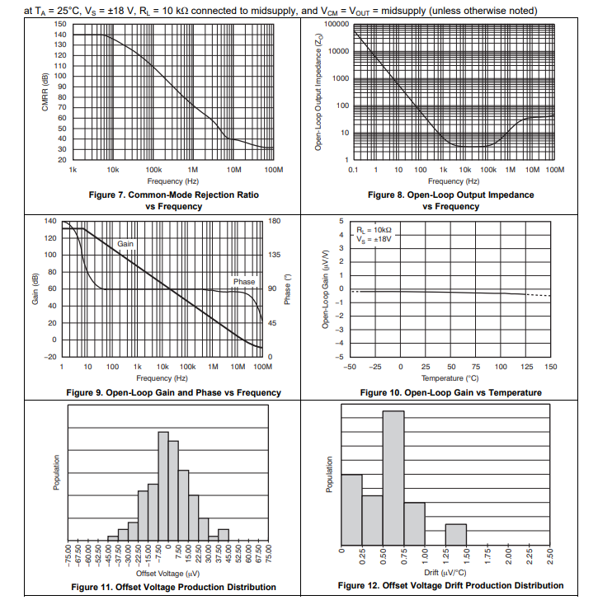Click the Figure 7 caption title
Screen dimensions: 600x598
pos(173,195)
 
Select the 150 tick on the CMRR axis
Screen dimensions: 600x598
pos(59,24)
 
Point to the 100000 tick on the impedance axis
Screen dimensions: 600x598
pos(337,24)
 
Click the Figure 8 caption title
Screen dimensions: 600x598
pos(450,195)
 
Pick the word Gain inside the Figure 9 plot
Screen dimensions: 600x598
pos(125,244)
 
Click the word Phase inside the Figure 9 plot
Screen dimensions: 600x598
pos(244,282)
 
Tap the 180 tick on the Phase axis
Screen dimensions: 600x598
pos(275,221)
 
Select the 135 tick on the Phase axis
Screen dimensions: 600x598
pos(275,255)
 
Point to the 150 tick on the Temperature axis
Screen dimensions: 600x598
pos(551,367)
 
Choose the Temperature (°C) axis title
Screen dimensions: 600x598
pos(450,378)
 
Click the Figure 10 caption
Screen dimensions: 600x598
pos(450,392)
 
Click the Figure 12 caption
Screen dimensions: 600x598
pos(450,585)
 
